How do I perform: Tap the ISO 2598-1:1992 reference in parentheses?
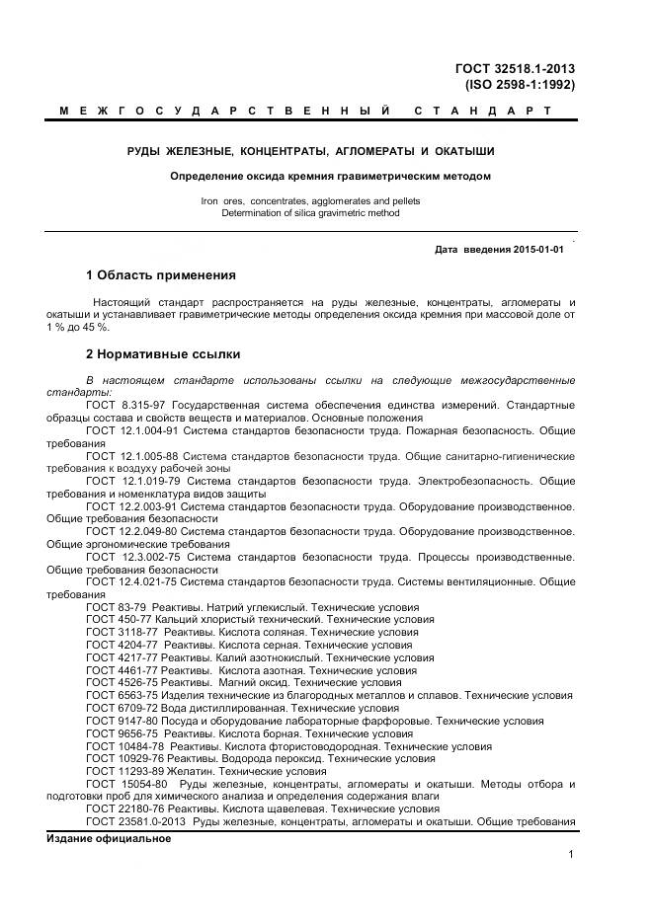point(521,85)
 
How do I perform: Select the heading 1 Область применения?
point(161,274)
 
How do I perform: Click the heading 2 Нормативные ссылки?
point(163,353)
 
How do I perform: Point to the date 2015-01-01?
point(537,250)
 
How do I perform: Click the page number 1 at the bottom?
point(572,855)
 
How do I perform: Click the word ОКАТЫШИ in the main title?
point(460,151)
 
